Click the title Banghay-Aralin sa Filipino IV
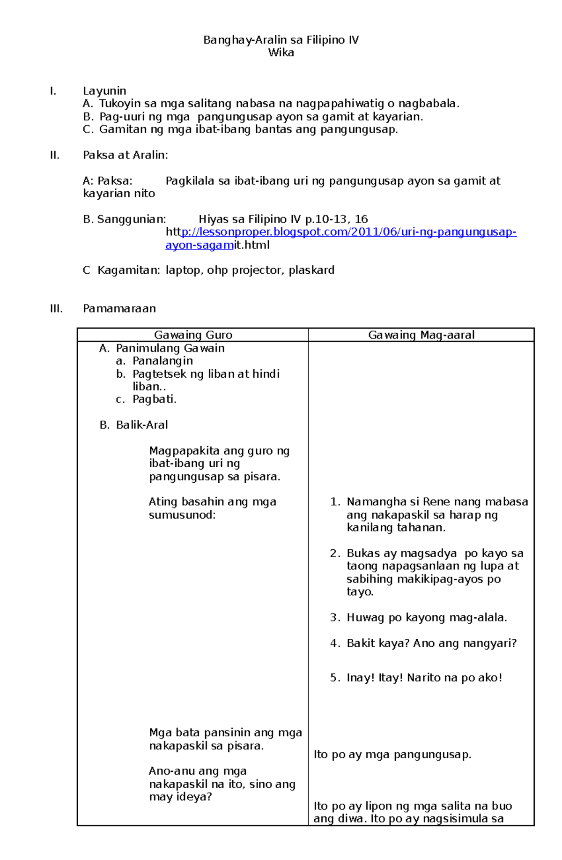tap(281, 40)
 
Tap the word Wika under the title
tap(281, 53)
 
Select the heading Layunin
tap(104, 91)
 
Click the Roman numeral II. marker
tap(55, 155)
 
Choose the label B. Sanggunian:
tap(125, 219)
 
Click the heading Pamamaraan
tap(119, 309)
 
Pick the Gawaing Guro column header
tap(193, 335)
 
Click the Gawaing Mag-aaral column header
tap(421, 335)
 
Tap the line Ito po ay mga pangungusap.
tap(392, 755)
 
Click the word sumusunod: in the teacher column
tap(182, 515)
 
